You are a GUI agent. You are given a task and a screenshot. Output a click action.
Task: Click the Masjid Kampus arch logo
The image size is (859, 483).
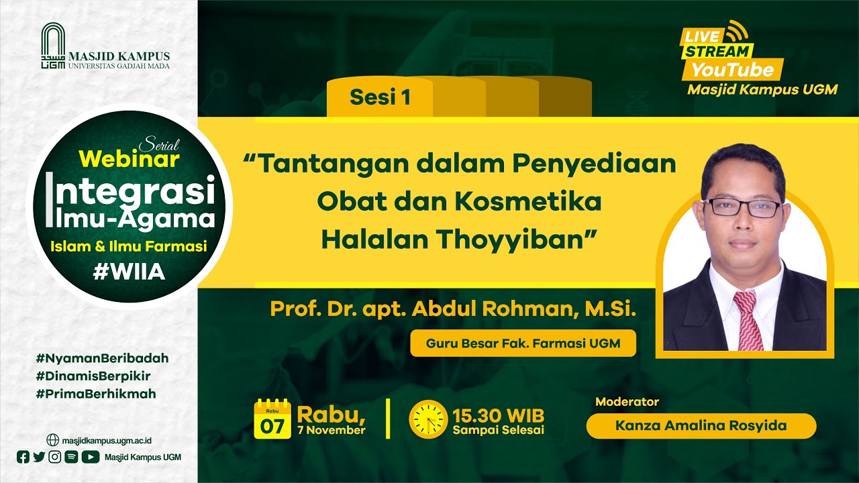53,46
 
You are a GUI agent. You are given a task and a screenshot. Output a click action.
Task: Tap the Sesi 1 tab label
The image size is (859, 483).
380,97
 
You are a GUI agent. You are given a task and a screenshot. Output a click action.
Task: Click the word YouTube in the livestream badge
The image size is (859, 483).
732,70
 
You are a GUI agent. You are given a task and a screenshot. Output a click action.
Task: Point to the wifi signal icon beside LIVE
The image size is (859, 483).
737,30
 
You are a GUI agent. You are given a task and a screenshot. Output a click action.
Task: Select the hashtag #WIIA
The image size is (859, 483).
129,272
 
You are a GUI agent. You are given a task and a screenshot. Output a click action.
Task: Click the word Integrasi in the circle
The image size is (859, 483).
130,193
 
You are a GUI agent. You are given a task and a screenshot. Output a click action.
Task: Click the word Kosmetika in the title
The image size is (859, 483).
527,202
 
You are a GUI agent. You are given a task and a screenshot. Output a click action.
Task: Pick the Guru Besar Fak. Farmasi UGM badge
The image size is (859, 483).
523,343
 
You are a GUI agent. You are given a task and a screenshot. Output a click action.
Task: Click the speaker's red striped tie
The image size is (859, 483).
748,320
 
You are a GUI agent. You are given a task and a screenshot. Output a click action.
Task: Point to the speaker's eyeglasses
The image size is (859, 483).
742,207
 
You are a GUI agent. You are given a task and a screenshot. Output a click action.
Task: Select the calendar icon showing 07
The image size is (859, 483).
272,419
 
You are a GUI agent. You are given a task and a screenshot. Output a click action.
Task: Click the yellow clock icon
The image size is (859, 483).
428,419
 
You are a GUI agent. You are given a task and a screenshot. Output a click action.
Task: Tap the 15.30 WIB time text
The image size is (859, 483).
498,415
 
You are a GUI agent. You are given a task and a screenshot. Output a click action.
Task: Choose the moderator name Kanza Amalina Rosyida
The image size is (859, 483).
701,425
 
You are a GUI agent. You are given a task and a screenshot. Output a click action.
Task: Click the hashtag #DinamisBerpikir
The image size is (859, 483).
93,376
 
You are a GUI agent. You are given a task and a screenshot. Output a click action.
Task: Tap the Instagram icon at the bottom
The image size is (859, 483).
55,457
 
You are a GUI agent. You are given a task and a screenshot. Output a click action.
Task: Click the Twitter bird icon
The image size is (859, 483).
39,457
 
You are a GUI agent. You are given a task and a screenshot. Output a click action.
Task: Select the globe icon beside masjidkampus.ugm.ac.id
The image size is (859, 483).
52,440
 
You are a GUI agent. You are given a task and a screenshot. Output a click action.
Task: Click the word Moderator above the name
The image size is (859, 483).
627,402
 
